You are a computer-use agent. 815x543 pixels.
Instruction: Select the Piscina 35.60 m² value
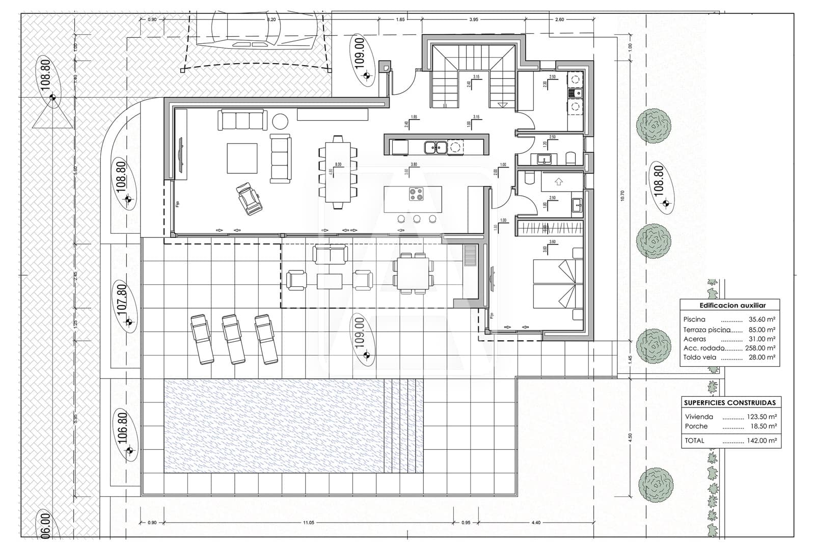point(762,319)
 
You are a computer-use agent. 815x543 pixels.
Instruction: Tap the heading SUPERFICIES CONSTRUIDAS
point(729,402)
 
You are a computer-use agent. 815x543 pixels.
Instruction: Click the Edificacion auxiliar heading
point(732,306)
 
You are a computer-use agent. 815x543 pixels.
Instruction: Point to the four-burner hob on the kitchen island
point(416,194)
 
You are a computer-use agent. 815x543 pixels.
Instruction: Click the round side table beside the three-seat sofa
point(280,121)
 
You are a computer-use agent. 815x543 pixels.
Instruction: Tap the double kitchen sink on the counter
point(436,147)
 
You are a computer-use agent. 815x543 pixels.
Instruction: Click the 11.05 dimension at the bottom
point(308,522)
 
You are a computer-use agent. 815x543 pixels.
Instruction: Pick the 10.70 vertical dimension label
point(622,196)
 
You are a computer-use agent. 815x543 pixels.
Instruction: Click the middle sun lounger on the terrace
point(233,338)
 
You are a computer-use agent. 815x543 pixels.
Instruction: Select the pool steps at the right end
point(403,426)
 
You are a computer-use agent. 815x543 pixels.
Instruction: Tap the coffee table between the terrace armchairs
point(330,281)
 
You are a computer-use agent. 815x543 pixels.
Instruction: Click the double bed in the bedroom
point(557,284)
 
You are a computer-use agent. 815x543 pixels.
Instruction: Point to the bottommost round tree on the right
point(656,484)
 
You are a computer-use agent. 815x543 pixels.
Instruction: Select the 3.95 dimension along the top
point(473,19)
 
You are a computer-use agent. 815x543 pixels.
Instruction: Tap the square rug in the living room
point(242,158)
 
